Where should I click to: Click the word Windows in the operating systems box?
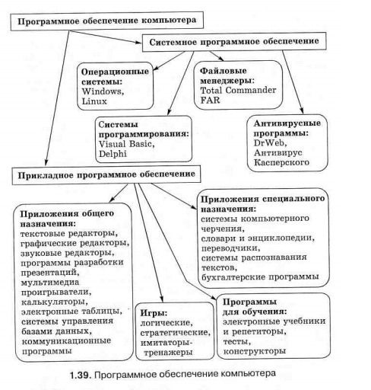101,91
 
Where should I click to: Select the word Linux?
94,101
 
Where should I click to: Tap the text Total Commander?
238,91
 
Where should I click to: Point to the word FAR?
210,100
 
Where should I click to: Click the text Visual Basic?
125,144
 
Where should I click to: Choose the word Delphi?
113,154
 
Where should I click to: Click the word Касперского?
281,162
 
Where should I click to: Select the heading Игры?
154,313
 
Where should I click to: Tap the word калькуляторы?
54,302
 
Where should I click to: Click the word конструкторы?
255,351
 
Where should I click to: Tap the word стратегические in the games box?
174,333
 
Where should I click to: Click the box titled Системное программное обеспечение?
234,42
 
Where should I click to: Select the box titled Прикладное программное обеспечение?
106,175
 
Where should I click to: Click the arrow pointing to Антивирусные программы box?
293,82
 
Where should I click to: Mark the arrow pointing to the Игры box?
148,242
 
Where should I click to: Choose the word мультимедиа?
50,282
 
